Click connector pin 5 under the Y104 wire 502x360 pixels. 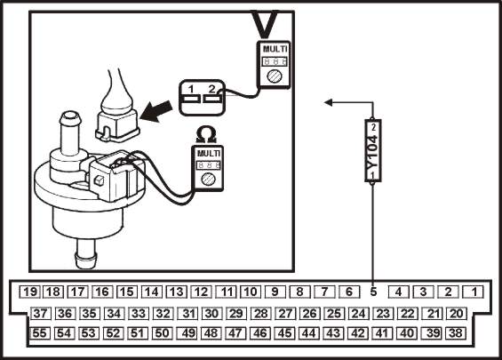[373, 292]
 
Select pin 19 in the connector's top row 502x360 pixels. [29, 292]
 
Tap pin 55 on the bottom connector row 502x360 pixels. [39, 333]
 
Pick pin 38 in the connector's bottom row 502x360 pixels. [456, 333]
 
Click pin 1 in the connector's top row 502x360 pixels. [474, 292]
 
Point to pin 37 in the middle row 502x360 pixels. [40, 313]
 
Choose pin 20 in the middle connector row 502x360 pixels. [457, 313]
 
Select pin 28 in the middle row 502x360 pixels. [260, 313]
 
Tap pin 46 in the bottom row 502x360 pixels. [260, 333]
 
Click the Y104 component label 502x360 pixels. [373, 151]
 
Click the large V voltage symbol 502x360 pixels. [265, 24]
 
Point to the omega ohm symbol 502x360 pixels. [206, 134]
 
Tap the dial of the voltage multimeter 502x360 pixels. [275, 77]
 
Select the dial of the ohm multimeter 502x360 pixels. [208, 179]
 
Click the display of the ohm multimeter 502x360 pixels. [209, 165]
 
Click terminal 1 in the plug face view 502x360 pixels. [190, 99]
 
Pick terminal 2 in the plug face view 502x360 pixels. [211, 99]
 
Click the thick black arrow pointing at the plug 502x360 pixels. [155, 111]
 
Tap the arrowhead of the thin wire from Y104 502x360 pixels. [328, 102]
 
